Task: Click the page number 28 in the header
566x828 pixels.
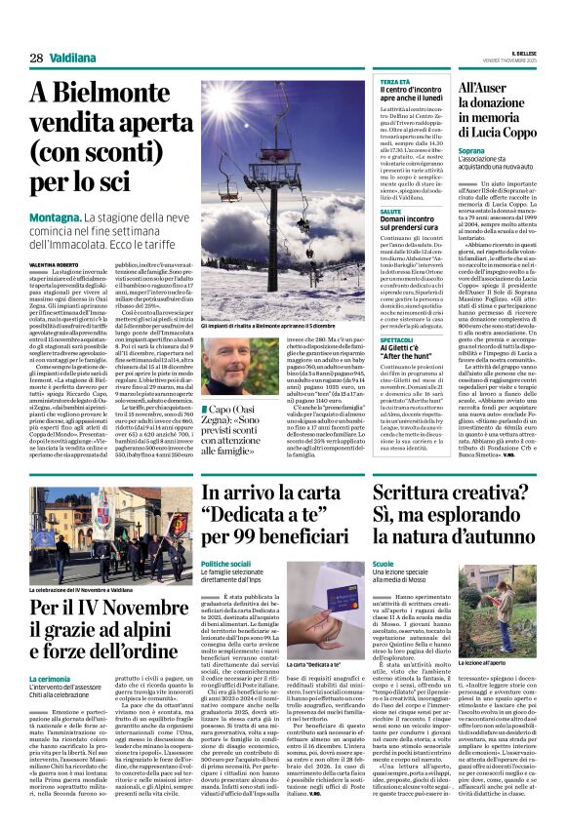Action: click(x=36, y=59)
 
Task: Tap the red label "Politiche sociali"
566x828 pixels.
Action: click(x=228, y=564)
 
